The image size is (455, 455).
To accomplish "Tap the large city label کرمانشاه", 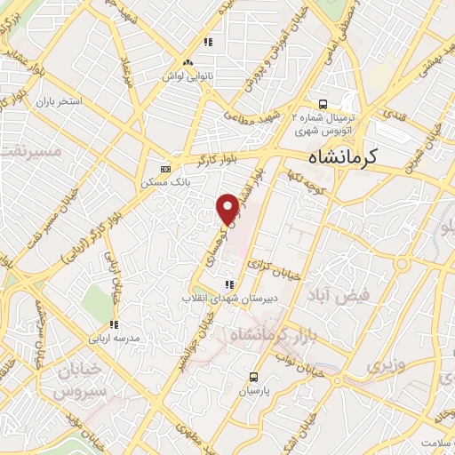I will point(343,156).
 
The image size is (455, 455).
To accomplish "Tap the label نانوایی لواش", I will point(187,76).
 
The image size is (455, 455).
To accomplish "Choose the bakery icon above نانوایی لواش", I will point(187,62).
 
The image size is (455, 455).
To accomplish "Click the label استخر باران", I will point(59,101).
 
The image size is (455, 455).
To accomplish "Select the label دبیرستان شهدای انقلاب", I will point(220,298).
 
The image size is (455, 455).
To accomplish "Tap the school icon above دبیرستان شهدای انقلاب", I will point(229,284).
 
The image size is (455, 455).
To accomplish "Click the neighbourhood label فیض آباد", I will point(337,295).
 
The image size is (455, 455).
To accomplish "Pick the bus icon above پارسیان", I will point(253,377).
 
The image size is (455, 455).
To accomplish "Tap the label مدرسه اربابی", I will point(113,339).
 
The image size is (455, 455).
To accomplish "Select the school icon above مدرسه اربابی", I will point(113,324).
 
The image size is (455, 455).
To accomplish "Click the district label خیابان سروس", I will point(79,379).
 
